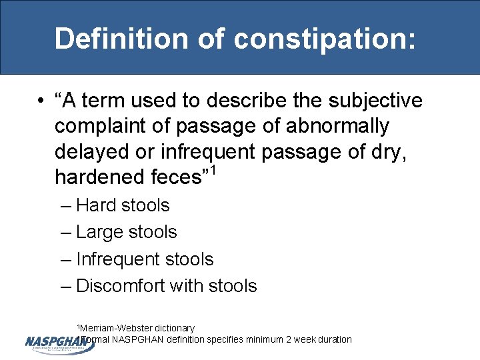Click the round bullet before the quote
point(41,101)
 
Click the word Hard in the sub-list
point(96,205)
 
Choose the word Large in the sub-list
point(99,232)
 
